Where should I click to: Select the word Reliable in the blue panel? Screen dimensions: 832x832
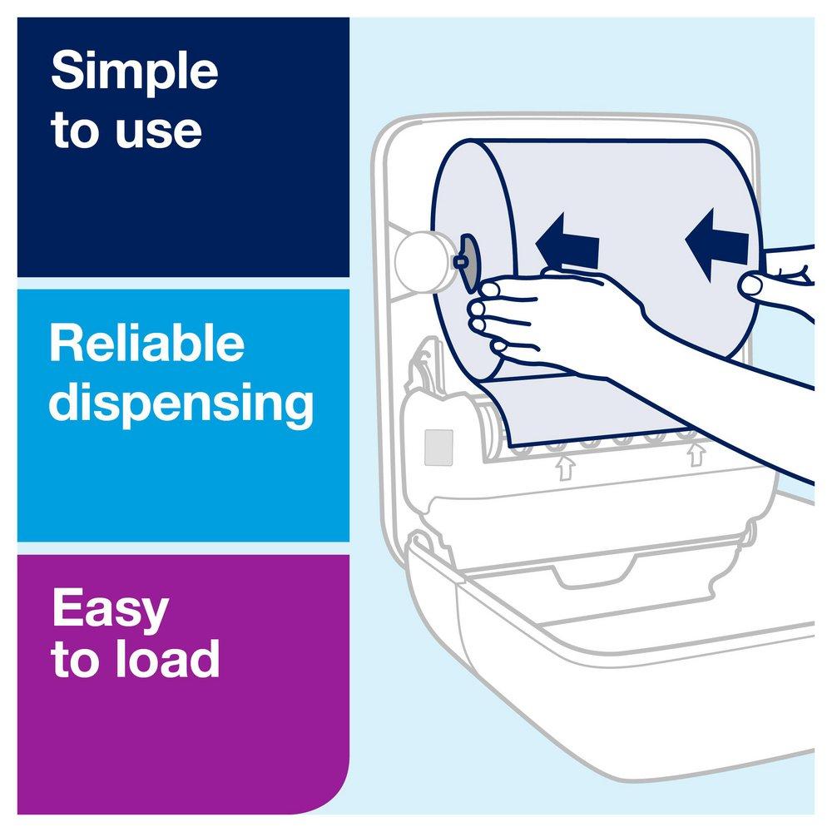click(147, 344)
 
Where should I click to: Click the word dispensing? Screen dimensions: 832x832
click(181, 404)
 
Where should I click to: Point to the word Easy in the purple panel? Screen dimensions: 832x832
click(111, 610)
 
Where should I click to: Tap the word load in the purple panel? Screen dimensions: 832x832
click(169, 657)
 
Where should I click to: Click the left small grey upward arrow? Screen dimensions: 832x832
click(566, 468)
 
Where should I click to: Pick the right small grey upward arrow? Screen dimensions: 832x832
click(696, 454)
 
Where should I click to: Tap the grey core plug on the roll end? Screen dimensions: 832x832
click(467, 261)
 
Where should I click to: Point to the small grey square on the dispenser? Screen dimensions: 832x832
click(438, 448)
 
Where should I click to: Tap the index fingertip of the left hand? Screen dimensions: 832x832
click(491, 290)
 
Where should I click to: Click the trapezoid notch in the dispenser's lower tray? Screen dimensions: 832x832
click(594, 571)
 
